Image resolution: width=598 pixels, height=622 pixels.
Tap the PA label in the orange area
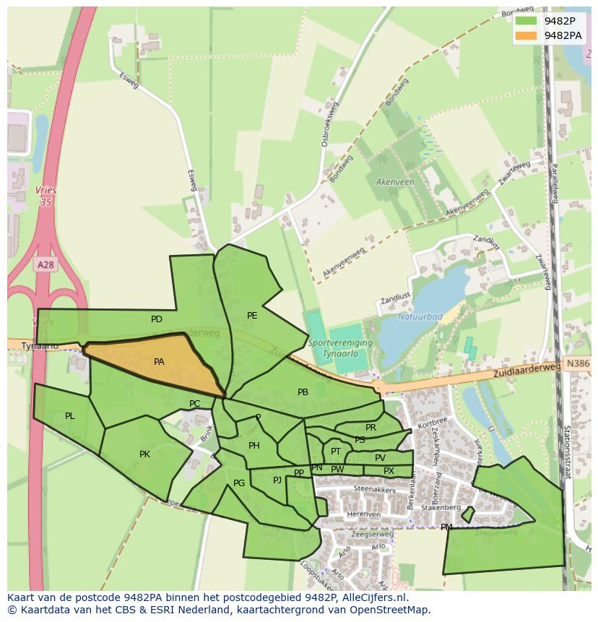click(159, 362)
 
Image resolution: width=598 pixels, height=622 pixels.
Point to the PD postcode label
click(157, 319)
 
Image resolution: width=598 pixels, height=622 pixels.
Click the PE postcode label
click(252, 316)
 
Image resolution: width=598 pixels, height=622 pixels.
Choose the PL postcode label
click(70, 416)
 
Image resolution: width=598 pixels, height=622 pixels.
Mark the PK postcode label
click(144, 454)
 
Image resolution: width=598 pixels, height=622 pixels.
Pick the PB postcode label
click(303, 392)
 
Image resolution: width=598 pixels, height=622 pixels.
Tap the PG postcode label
click(239, 483)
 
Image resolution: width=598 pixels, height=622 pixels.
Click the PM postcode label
click(446, 527)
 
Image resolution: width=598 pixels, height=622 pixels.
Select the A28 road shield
click(45, 265)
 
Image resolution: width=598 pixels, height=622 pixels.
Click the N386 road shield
click(577, 365)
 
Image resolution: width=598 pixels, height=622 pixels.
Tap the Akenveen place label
click(394, 182)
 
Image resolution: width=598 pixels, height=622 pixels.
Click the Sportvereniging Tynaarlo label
click(339, 347)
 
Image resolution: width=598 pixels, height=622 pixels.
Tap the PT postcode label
click(336, 452)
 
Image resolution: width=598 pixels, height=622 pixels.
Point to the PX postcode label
click(389, 471)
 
